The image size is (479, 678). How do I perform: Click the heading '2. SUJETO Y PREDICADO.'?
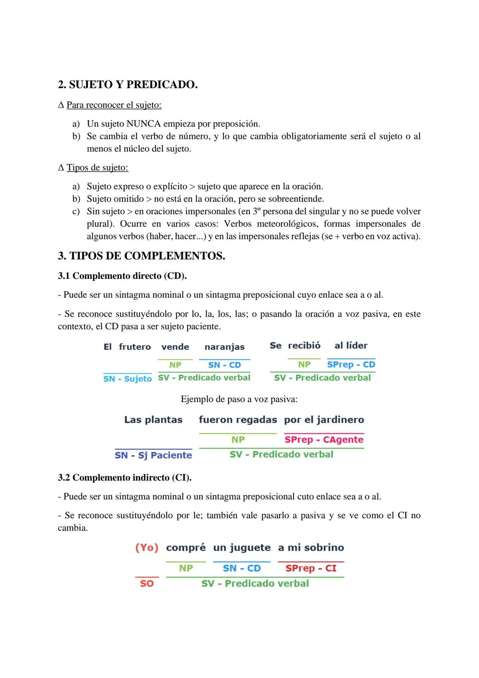point(128,84)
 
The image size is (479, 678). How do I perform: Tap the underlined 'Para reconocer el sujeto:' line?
point(114,105)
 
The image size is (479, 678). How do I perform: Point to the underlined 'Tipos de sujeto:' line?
point(97,168)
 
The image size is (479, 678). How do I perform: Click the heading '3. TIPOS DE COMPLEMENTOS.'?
point(141,256)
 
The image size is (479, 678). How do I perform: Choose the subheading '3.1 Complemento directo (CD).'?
point(122,276)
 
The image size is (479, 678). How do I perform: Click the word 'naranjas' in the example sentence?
point(224,347)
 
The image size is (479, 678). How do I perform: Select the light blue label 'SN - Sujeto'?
point(127,379)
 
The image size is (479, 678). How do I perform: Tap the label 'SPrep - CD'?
point(351,365)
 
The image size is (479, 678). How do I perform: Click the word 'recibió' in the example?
point(304,345)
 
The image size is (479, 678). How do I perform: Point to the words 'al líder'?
point(351,345)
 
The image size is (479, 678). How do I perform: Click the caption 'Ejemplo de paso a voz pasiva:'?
point(239,399)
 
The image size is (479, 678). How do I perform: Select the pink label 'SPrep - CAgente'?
point(324,440)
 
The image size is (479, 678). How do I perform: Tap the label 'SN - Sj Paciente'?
point(153,455)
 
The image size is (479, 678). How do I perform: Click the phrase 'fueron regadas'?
point(238,420)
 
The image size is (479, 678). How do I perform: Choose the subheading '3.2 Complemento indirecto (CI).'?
point(125,478)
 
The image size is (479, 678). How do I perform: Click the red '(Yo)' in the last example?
point(147,547)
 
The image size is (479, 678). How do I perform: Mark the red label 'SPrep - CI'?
point(311,568)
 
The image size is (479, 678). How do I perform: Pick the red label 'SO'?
point(147,583)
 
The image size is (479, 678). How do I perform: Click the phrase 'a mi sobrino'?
point(311,547)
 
